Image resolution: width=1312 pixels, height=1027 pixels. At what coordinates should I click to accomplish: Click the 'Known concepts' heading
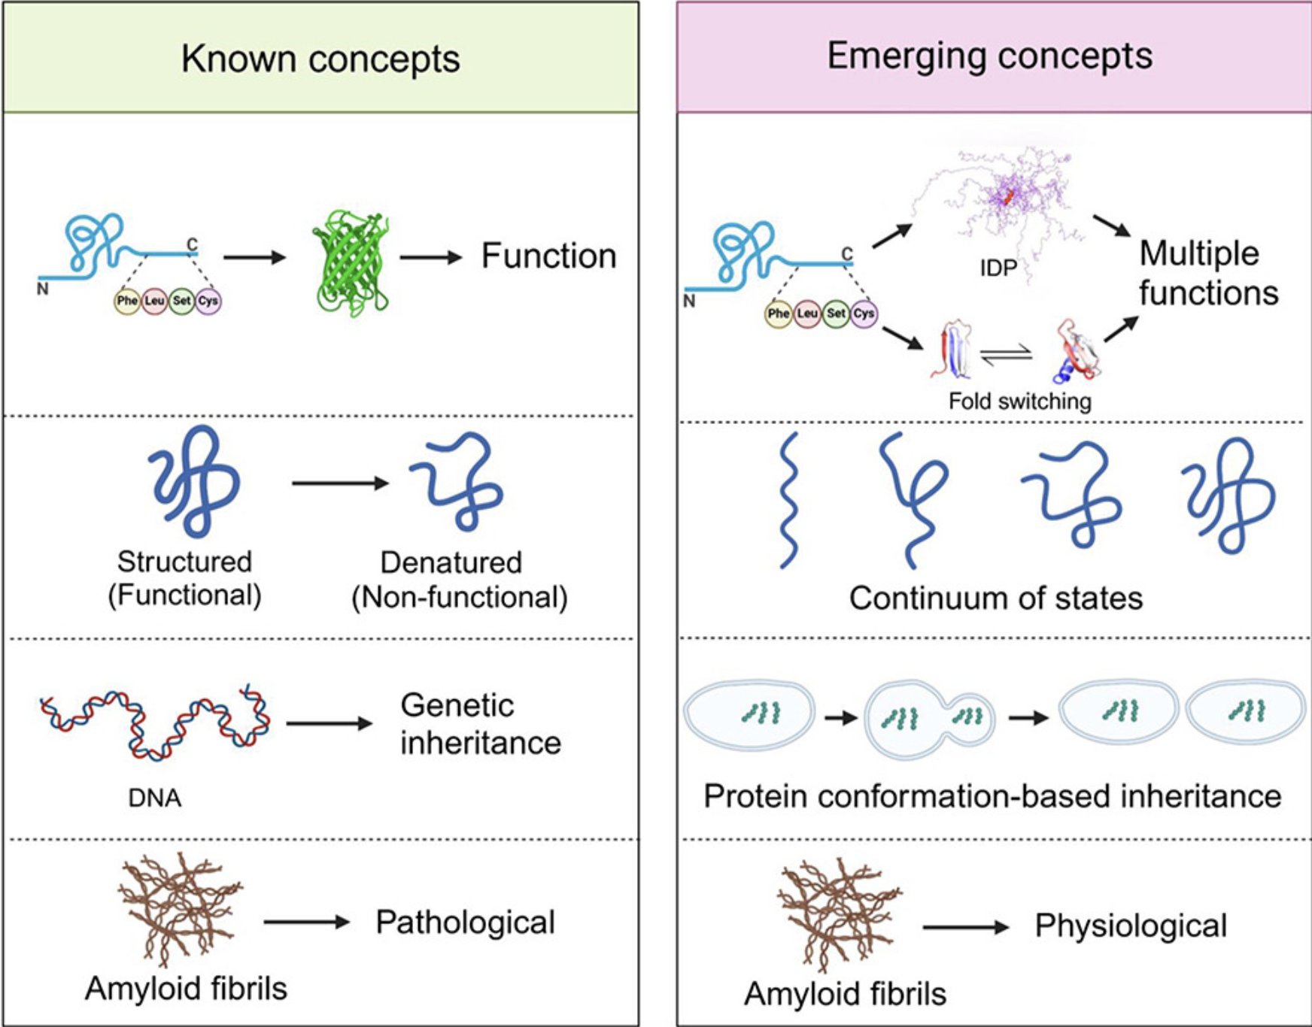click(320, 59)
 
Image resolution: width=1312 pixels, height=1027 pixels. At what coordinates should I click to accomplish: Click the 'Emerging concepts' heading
click(989, 56)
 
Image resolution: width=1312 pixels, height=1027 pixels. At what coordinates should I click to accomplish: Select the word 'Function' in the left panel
click(548, 256)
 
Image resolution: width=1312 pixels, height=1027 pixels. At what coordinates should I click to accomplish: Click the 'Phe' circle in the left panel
click(126, 301)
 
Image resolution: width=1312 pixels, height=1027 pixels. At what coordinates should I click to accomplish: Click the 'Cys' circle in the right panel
click(864, 314)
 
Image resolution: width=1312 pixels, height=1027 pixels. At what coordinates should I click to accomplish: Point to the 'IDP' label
click(998, 268)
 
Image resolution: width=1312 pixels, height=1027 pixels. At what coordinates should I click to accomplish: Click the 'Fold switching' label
click(1019, 401)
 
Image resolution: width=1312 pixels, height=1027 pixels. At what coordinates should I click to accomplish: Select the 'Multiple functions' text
click(1207, 273)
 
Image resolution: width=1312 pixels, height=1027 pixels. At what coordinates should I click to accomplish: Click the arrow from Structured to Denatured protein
click(339, 483)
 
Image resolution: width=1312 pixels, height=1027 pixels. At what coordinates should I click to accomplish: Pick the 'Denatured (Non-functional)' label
click(459, 580)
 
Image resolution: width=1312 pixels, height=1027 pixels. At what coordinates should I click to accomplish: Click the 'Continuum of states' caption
click(995, 598)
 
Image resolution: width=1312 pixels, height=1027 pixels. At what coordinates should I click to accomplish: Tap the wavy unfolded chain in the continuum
click(788, 500)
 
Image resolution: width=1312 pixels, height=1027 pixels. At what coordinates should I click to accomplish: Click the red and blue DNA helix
click(154, 722)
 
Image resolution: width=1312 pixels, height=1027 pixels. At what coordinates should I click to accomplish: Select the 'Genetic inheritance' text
click(479, 724)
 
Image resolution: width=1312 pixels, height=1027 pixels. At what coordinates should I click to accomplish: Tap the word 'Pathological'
click(465, 922)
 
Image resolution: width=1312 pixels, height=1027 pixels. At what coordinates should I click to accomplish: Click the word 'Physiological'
click(1130, 926)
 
